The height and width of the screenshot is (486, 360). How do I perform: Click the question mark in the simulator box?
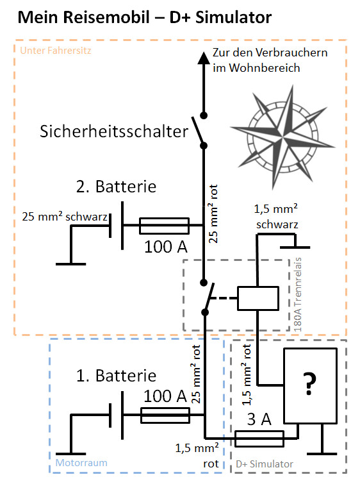pos(309,383)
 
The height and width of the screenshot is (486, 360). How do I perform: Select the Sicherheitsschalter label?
pos(114,131)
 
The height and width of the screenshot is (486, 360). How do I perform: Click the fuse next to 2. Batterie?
pos(165,226)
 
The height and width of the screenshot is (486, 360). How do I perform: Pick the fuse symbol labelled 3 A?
pos(259,439)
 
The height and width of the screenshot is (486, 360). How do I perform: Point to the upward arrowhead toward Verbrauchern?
pos(204,58)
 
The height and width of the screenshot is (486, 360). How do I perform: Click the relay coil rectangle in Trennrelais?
pos(258,299)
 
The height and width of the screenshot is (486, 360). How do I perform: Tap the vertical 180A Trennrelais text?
pos(297,294)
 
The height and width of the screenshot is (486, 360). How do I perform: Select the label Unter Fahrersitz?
pos(56,51)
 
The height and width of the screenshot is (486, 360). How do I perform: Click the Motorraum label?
pos(81,463)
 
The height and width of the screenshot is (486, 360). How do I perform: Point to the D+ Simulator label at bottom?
pos(265,464)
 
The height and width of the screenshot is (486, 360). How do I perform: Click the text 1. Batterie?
pos(116,376)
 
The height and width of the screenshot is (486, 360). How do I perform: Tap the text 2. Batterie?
pos(116,187)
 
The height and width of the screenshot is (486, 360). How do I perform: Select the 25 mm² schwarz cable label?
pos(65,217)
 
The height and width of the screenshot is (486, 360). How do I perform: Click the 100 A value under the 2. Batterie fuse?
pos(166,247)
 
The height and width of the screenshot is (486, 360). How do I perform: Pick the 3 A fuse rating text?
pos(259,420)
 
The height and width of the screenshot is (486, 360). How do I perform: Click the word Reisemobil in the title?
pos(106,17)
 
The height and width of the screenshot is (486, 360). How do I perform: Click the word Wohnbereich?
pos(256,68)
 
